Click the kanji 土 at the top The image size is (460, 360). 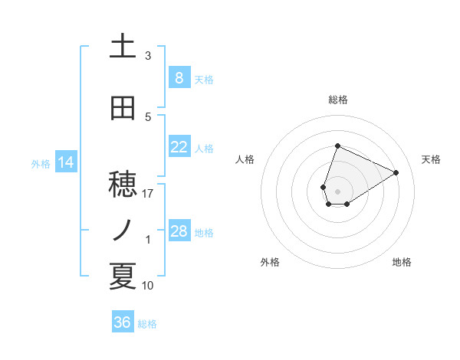(x=123, y=46)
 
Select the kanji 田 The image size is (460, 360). (x=123, y=108)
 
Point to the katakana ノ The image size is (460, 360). (x=123, y=229)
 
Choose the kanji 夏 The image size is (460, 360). (x=123, y=277)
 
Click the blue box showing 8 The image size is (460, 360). (x=179, y=77)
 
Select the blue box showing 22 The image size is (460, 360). (x=179, y=147)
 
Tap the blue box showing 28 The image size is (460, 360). (x=179, y=231)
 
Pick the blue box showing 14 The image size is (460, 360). (x=65, y=162)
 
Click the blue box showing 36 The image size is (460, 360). (x=123, y=322)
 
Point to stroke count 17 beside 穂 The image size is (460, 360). (x=149, y=194)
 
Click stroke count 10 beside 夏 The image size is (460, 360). (x=149, y=286)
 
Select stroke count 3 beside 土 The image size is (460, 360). (x=149, y=56)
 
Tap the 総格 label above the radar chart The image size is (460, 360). (x=338, y=100)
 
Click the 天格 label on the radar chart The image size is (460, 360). (x=431, y=159)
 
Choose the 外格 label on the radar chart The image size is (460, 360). (x=270, y=262)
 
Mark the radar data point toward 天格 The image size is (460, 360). (x=396, y=172)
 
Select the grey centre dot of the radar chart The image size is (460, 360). (x=338, y=191)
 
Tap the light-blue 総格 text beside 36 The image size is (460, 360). (x=147, y=324)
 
